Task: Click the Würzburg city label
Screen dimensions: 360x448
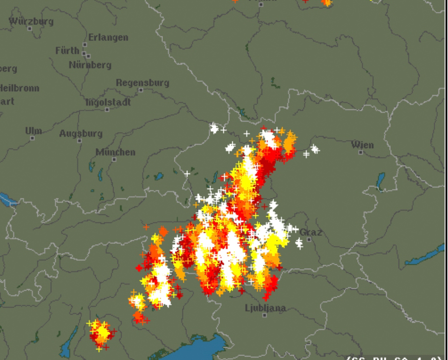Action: coord(31,21)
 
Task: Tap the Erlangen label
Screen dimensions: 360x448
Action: coord(108,37)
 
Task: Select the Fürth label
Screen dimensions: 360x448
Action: coord(67,50)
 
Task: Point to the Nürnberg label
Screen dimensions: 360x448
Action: coord(90,65)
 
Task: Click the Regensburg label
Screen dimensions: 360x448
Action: coord(143,83)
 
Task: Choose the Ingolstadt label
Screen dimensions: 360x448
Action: coord(108,102)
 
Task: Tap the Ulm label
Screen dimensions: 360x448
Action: coord(33,131)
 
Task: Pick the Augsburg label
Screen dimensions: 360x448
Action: coord(81,134)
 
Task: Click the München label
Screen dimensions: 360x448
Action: coord(115,152)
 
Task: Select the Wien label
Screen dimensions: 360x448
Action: coord(362,145)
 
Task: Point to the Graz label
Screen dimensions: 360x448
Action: coord(310,232)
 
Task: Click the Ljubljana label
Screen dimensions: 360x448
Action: coord(266,308)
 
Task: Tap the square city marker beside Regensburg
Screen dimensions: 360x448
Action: coord(141,90)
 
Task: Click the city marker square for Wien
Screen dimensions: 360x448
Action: coord(361,152)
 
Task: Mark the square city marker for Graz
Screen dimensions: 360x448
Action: coord(309,239)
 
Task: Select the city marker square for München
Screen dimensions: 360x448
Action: coord(114,160)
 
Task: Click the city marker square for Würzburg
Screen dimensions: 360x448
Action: coord(30,28)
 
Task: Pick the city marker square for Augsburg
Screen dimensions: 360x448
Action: coord(80,141)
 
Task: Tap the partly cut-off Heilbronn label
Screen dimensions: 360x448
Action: coord(19,88)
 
